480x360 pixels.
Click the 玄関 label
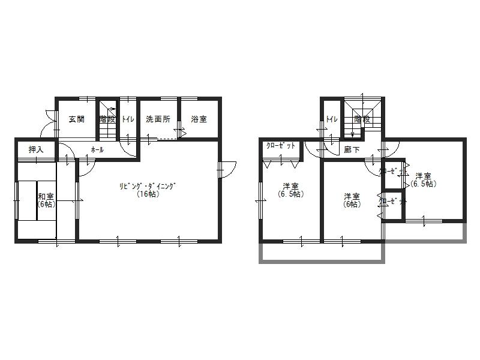coord(76,119)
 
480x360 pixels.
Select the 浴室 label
coord(199,119)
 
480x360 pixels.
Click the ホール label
coord(97,149)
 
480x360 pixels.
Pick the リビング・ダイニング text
coord(147,186)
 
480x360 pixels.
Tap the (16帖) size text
coord(147,194)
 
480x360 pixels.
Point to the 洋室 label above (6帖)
coord(352,196)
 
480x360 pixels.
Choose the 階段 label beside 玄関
coord(107,119)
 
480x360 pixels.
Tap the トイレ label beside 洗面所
coord(128,119)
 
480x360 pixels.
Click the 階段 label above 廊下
coord(362,119)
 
